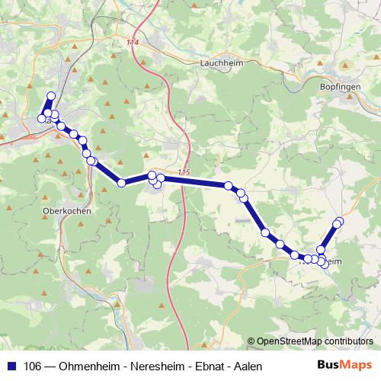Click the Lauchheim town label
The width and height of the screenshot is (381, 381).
tap(220, 64)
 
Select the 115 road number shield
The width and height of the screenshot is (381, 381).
tap(183, 173)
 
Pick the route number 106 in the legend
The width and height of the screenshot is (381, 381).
tap(33, 367)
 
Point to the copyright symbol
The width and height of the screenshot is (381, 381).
tap(251, 341)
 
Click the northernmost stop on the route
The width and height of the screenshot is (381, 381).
tap(51, 96)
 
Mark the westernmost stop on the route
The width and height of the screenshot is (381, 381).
tap(41, 118)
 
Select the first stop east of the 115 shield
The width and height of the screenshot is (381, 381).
tap(229, 186)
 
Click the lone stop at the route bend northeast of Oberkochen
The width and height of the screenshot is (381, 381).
tap(121, 182)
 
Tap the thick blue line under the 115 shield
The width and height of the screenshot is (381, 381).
tap(190, 181)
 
